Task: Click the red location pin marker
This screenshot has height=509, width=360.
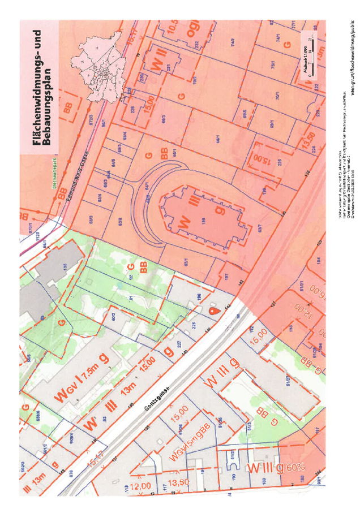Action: (213, 310)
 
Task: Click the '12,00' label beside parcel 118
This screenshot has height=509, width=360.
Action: (139, 486)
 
